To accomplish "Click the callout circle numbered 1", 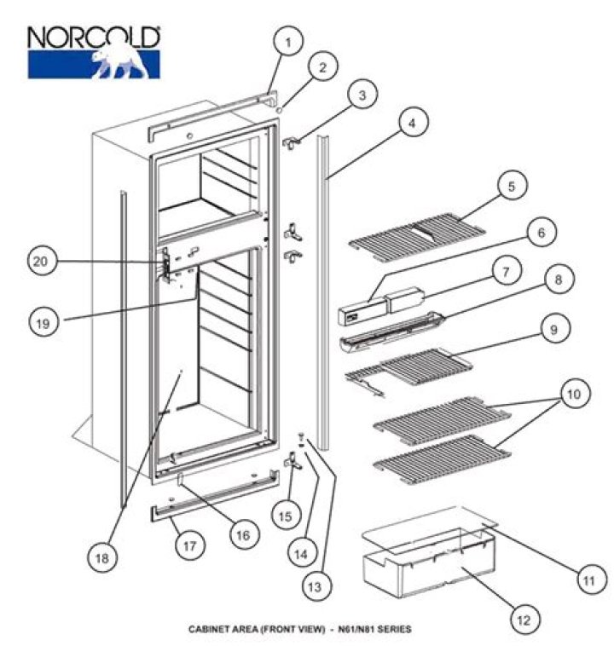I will pyautogui.click(x=288, y=41).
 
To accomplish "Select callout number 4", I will pyautogui.click(x=412, y=124).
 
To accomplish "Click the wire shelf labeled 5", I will pyautogui.click(x=418, y=232).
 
